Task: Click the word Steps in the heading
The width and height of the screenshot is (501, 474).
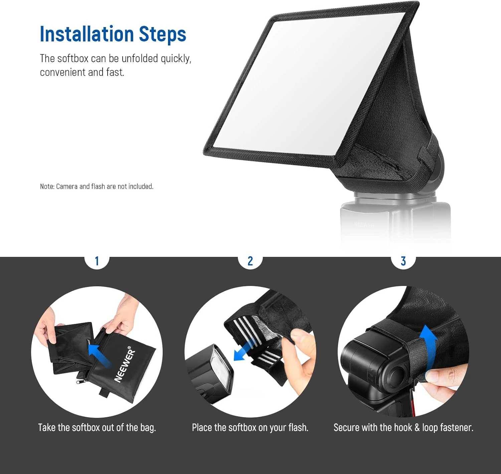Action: point(162,35)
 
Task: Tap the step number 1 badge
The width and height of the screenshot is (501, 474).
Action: point(97,261)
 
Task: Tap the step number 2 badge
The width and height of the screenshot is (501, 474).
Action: point(250,261)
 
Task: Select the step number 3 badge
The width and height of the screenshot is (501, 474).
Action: point(403,261)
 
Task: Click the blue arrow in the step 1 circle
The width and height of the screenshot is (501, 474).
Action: point(99,355)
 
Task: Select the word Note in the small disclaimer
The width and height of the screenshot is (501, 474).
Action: point(47,186)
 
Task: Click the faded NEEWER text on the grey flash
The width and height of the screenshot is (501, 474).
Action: point(364,225)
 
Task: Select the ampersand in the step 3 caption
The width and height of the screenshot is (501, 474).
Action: point(417,428)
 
